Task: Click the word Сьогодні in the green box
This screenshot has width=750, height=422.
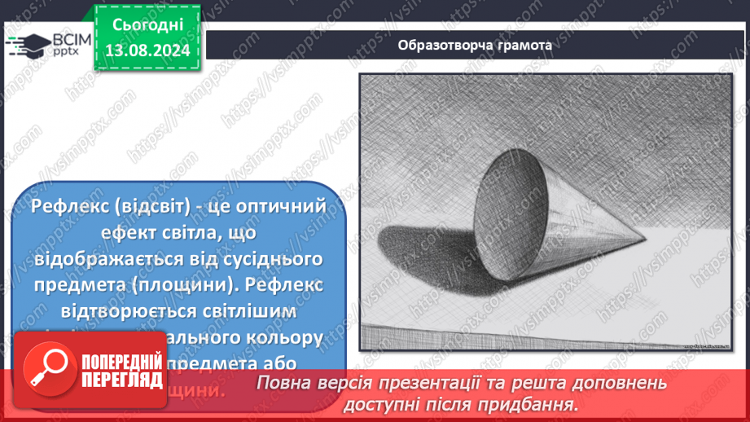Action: click(x=147, y=26)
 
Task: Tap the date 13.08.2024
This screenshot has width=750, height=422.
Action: click(x=147, y=50)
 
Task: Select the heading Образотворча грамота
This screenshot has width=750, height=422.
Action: click(x=475, y=45)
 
